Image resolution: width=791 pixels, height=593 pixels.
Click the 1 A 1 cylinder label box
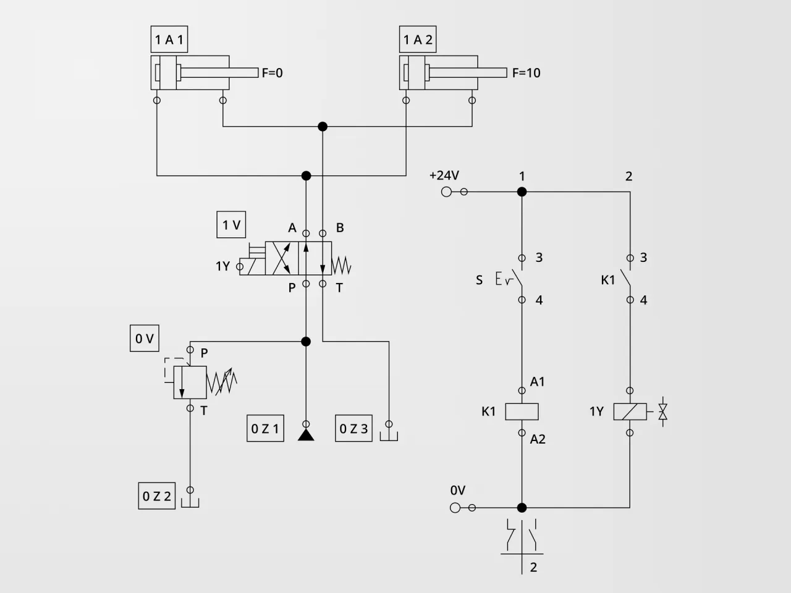pos(169,40)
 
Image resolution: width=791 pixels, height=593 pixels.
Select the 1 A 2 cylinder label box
pos(418,40)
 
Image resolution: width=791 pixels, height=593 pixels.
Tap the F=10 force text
pos(526,73)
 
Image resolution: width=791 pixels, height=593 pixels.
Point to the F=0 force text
pos(272,73)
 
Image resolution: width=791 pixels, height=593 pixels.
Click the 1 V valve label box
pos(231,225)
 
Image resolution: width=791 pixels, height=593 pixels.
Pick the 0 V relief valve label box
pos(144,339)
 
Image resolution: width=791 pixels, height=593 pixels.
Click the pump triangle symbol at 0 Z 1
pos(306,435)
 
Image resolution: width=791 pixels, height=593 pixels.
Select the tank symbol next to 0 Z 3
pos(389,435)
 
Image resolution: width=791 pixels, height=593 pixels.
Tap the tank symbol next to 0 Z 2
pos(190,502)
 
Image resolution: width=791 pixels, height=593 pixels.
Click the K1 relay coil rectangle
pos(522,411)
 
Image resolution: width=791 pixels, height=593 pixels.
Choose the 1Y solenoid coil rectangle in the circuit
pos(630,411)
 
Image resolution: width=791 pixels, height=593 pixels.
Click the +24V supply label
pos(444,176)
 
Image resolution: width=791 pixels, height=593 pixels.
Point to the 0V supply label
pos(457,490)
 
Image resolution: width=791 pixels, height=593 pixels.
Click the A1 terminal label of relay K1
pos(537,382)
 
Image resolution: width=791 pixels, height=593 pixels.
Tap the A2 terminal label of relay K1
pos(537,439)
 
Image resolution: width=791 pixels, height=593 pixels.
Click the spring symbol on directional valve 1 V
pos(342,266)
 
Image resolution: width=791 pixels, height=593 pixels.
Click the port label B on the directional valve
pos(339,228)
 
